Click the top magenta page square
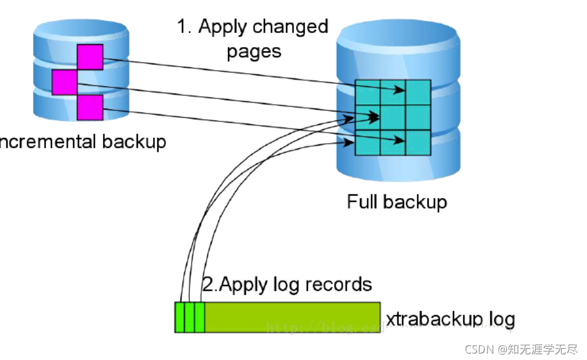(90, 57)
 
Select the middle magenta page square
(65, 82)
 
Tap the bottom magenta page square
(90, 107)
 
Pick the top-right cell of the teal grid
(418, 92)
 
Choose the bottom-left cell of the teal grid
(367, 142)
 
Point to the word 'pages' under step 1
(254, 51)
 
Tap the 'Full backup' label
(396, 202)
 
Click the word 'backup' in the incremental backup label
(134, 141)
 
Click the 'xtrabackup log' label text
(450, 319)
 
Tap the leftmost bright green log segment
(180, 317)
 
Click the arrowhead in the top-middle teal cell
(401, 90)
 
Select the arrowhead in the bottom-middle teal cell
(401, 141)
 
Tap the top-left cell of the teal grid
(367, 92)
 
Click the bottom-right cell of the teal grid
(418, 142)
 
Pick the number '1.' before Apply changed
(185, 27)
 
